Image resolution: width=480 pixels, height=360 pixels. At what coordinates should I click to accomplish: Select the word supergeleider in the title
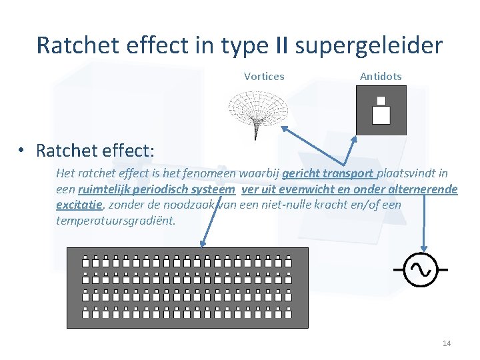369,45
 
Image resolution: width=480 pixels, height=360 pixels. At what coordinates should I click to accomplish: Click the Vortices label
264,76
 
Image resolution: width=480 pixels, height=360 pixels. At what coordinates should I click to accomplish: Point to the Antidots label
381,76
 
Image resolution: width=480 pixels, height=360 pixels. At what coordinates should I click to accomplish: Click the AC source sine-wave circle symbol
421,269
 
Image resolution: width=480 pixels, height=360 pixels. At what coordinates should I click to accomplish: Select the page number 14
447,343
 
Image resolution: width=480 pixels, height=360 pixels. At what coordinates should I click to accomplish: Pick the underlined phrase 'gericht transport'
328,174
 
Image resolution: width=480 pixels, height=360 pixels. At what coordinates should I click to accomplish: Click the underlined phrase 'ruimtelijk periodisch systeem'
156,189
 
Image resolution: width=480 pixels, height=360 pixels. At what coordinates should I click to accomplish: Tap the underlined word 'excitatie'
79,204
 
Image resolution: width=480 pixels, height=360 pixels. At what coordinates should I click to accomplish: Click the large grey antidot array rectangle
188,287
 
